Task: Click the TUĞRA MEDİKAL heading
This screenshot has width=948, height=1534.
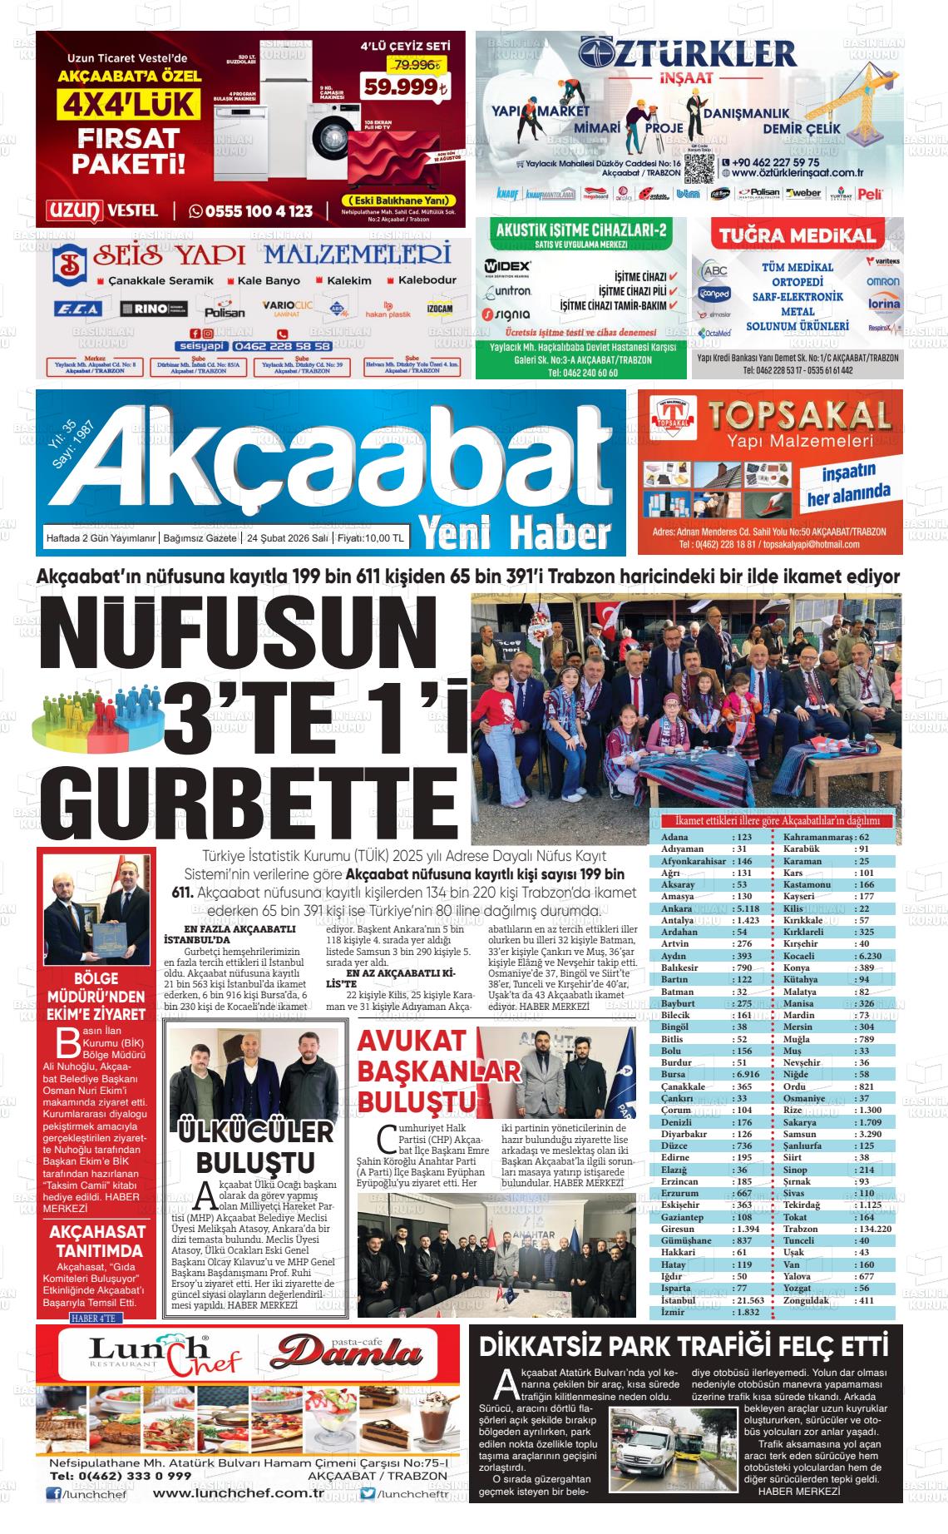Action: [797, 236]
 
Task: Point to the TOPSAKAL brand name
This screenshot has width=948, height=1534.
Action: [797, 414]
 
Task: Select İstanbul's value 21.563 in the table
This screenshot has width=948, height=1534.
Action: [749, 1300]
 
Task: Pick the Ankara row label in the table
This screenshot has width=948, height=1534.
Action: [676, 908]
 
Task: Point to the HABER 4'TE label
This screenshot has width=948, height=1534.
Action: [96, 1319]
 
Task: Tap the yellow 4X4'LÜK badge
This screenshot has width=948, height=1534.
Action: [128, 104]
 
